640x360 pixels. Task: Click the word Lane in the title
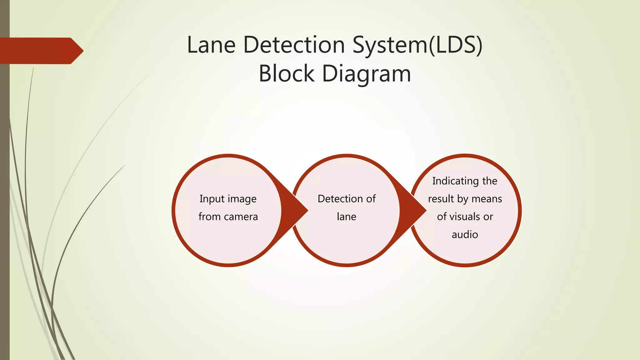click(x=211, y=45)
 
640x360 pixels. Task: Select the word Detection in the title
click(x=294, y=45)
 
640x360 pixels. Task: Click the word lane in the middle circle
click(x=346, y=217)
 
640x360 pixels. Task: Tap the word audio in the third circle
click(x=465, y=234)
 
